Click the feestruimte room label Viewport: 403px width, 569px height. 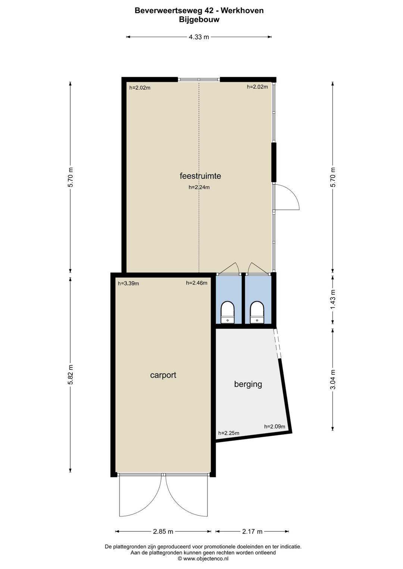pyautogui.click(x=200, y=176)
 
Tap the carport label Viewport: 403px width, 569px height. pyautogui.click(x=163, y=375)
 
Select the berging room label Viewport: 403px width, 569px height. pyautogui.click(x=248, y=384)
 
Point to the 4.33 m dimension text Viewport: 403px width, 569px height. pyautogui.click(x=199, y=37)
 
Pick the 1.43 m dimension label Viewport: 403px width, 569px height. pyautogui.click(x=333, y=299)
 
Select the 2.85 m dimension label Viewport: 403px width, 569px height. pyautogui.click(x=163, y=531)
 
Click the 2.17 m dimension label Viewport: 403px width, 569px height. pyautogui.click(x=252, y=531)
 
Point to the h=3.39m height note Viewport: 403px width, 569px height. pyautogui.click(x=128, y=283)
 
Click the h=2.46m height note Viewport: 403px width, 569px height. pyautogui.click(x=197, y=283)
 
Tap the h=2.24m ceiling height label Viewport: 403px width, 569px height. pyautogui.click(x=199, y=188)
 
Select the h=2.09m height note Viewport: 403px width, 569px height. pyautogui.click(x=275, y=427)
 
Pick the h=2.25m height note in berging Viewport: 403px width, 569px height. pyautogui.click(x=229, y=433)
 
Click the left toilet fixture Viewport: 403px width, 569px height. pyautogui.click(x=227, y=312)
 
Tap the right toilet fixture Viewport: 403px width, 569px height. pyautogui.click(x=257, y=312)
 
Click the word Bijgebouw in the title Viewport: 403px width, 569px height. pyautogui.click(x=199, y=19)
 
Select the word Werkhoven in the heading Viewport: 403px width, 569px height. pyautogui.click(x=242, y=11)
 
